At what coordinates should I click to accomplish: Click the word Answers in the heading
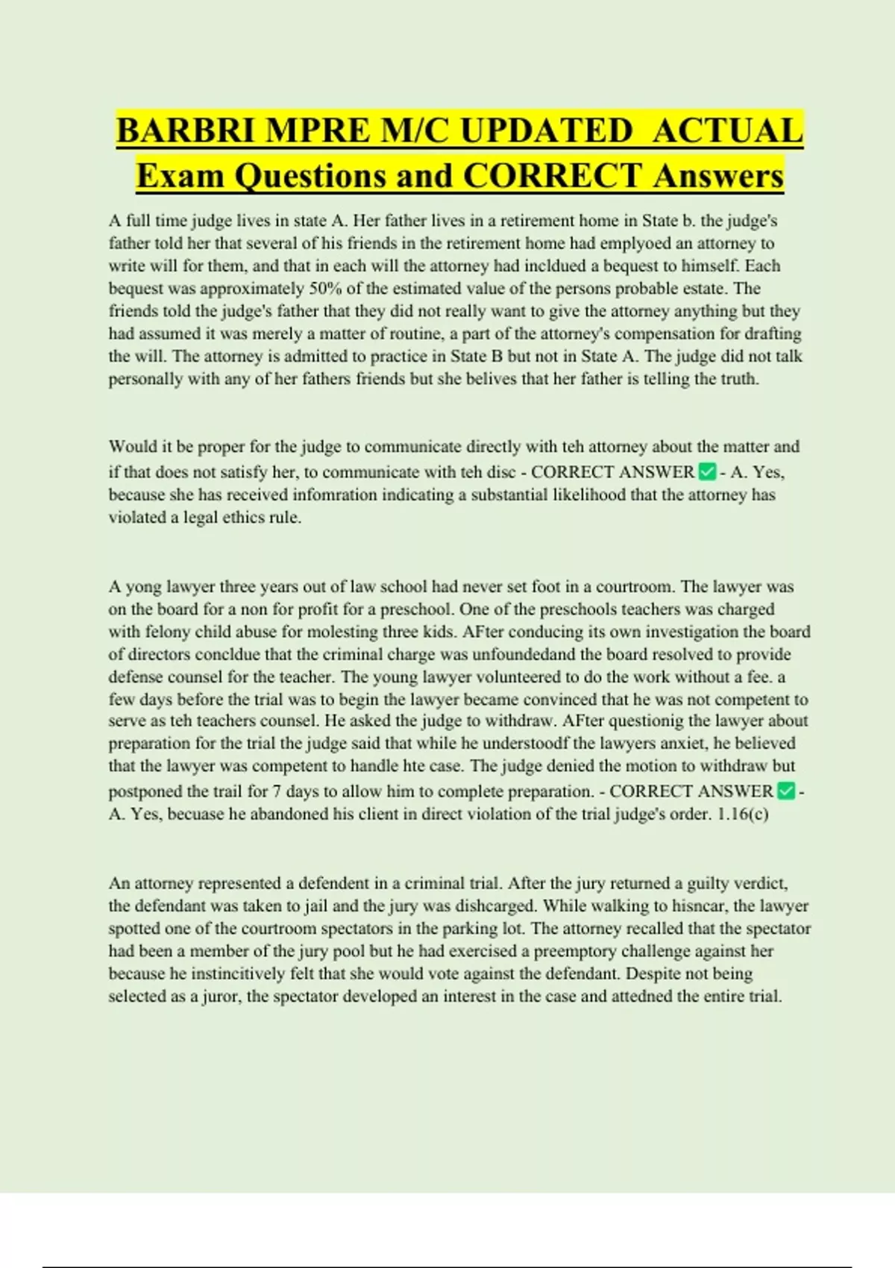tap(718, 176)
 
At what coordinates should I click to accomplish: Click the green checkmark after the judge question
tap(707, 471)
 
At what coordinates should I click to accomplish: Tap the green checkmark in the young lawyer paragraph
tap(785, 791)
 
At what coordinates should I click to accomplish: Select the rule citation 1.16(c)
tap(742, 814)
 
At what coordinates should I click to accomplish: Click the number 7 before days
tap(277, 791)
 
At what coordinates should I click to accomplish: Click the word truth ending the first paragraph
tap(737, 379)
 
